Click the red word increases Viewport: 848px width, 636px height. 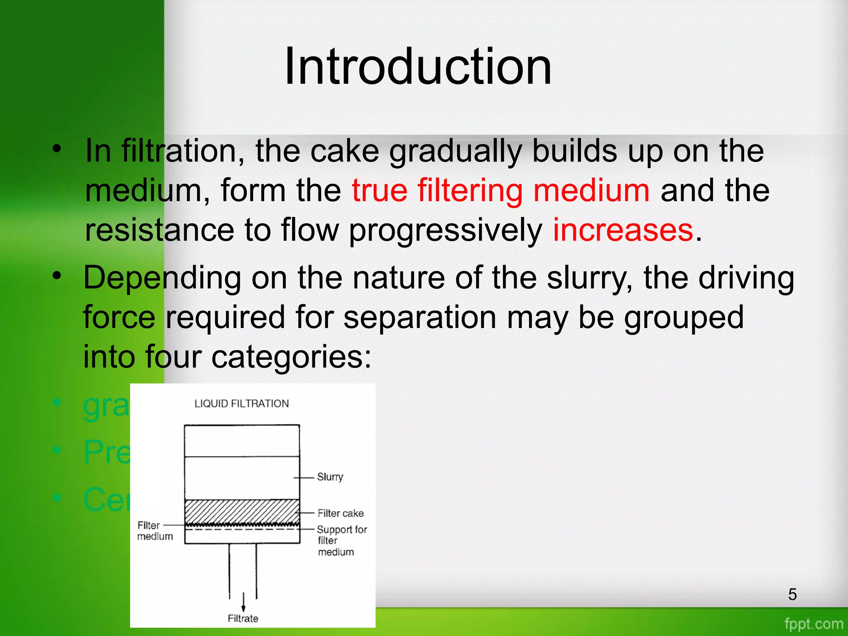pyautogui.click(x=623, y=230)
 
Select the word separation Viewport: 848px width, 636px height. pyautogui.click(x=420, y=318)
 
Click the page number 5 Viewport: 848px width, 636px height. pyautogui.click(x=793, y=594)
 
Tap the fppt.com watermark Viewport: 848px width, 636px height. pyautogui.click(x=814, y=624)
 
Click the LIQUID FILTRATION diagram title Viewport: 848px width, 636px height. pyautogui.click(x=242, y=404)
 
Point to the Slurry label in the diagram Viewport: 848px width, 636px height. pyautogui.click(x=330, y=477)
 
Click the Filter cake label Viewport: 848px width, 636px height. pyautogui.click(x=340, y=513)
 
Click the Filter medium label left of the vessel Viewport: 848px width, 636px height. pyautogui.click(x=154, y=531)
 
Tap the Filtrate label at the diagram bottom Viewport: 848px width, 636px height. pyautogui.click(x=243, y=618)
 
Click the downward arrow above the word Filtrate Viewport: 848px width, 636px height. pyautogui.click(x=243, y=602)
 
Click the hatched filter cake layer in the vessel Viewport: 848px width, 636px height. pyautogui.click(x=242, y=512)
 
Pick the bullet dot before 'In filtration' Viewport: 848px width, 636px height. pyautogui.click(x=57, y=149)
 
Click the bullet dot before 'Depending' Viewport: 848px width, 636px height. pyautogui.click(x=57, y=275)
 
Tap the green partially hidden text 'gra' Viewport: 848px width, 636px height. pyautogui.click(x=106, y=406)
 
